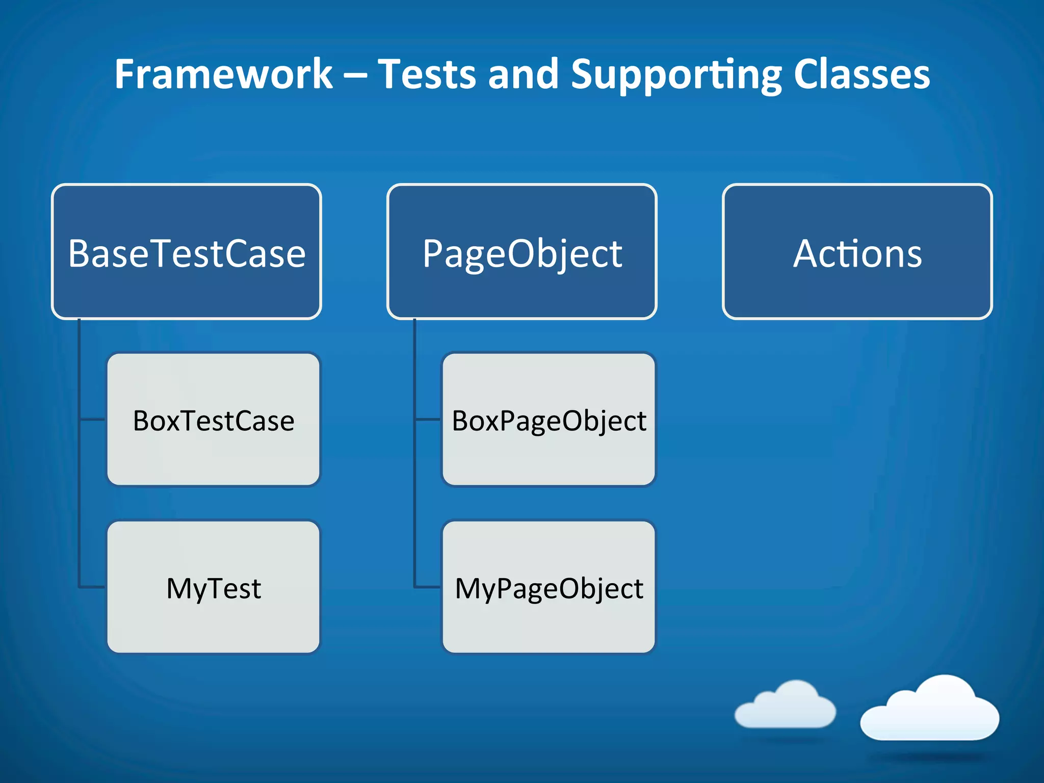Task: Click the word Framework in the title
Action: pyautogui.click(x=223, y=74)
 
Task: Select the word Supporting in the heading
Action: pyautogui.click(x=676, y=74)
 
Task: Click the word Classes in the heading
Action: pyautogui.click(x=862, y=74)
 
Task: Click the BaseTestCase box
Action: pyautogui.click(x=187, y=252)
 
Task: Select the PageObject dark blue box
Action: pyautogui.click(x=521, y=252)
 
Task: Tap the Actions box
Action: pyautogui.click(x=857, y=252)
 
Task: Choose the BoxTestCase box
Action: pyautogui.click(x=213, y=420)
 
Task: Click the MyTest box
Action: pyautogui.click(x=213, y=587)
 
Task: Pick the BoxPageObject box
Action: pyautogui.click(x=549, y=420)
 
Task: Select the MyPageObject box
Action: pyautogui.click(x=549, y=587)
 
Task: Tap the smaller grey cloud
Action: pyautogui.click(x=785, y=707)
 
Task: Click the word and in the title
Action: pyautogui.click(x=523, y=74)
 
